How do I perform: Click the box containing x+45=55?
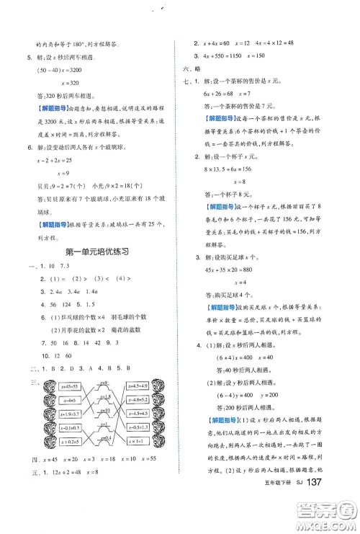[70, 386]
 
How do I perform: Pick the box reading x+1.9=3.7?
[70, 413]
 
